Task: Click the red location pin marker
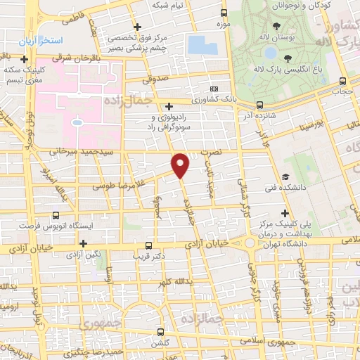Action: coord(181,165)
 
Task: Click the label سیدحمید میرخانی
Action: coord(77,151)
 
